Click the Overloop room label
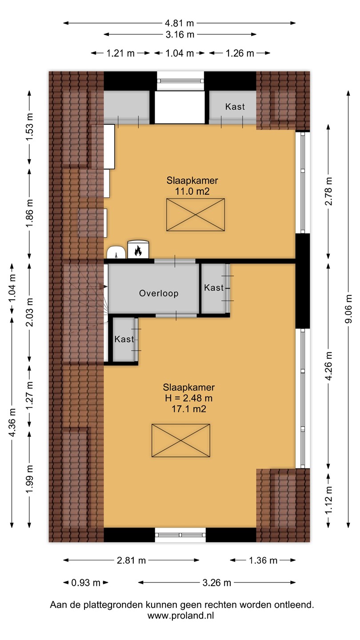[159, 293]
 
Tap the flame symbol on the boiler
[138, 251]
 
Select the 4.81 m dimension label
[180, 23]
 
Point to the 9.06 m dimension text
[348, 308]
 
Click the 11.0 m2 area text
[192, 191]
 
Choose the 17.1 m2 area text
[188, 409]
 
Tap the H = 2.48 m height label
[188, 398]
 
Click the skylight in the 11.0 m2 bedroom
[196, 215]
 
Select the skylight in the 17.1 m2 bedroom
[181, 440]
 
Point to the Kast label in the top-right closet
[235, 107]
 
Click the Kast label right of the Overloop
[214, 288]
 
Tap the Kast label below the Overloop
[124, 339]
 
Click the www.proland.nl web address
[180, 616]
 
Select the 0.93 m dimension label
[86, 583]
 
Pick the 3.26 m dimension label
[216, 583]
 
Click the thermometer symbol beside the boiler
[116, 255]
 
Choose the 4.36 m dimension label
[12, 422]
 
